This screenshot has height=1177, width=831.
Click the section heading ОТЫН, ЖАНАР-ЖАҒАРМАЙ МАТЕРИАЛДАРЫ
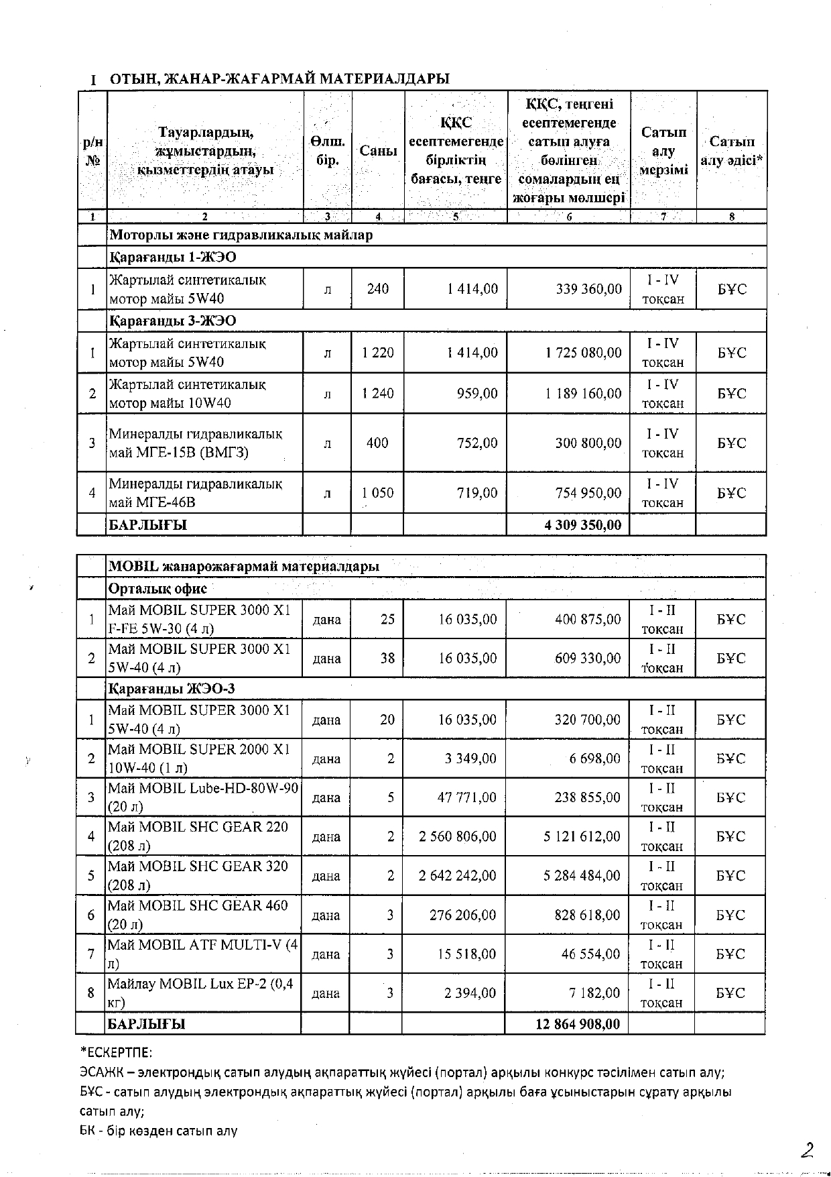coord(279,79)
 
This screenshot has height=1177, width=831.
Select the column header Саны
coord(378,151)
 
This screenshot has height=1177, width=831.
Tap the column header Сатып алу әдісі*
coord(732,151)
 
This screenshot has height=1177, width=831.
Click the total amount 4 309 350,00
coord(582,525)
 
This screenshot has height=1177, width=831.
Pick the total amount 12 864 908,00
coord(578,1024)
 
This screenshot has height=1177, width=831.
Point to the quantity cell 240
coord(378,289)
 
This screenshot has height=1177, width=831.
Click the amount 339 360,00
coord(588,289)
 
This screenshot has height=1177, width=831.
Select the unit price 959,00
coord(477,394)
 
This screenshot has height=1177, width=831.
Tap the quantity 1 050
coord(378,493)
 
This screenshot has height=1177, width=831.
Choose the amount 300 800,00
coord(588,443)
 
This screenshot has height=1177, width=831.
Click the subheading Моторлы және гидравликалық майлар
coord(241,235)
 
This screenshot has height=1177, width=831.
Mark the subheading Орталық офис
coord(157,589)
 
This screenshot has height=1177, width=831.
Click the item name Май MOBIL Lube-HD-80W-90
coord(203,797)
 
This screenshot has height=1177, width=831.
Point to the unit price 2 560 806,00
coord(458,836)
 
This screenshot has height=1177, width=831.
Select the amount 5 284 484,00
coord(582,876)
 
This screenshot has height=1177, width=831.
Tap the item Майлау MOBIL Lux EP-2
coord(200,993)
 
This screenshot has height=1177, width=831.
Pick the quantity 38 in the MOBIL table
coord(387,659)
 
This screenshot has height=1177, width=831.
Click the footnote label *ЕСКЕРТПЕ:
coord(116,1052)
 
